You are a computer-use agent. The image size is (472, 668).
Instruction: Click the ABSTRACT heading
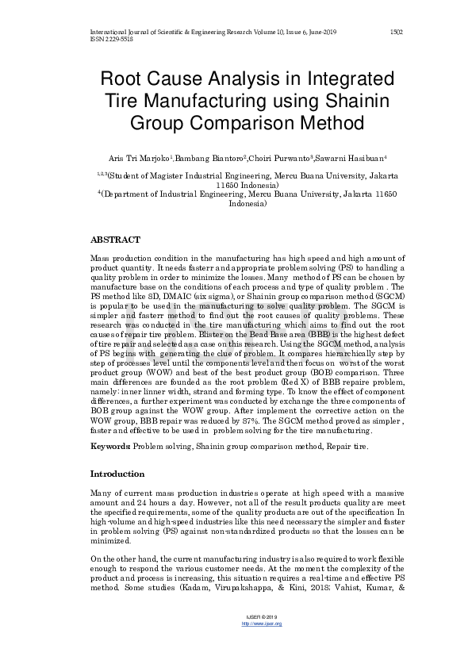pos(116,240)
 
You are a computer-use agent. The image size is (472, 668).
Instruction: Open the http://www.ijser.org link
pos(260,624)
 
